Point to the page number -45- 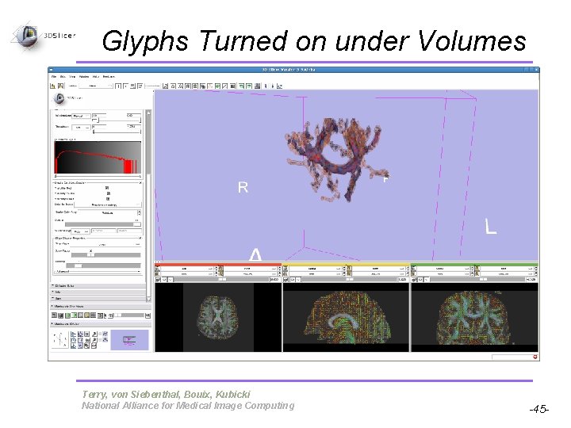(539, 410)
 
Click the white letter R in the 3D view (243, 187)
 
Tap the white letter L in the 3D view (491, 227)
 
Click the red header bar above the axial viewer (217, 265)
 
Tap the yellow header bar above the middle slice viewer (346, 265)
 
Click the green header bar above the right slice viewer (473, 265)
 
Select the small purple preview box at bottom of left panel (129, 340)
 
